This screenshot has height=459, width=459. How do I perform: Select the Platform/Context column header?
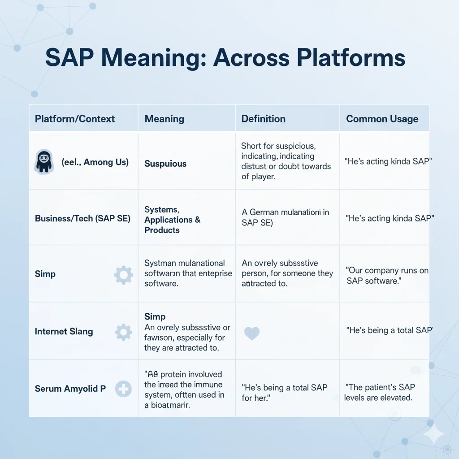[x=75, y=119]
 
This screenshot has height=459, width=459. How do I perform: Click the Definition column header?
[x=264, y=119]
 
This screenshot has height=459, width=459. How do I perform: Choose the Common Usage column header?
[x=382, y=119]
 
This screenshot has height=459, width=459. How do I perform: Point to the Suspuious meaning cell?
[x=165, y=164]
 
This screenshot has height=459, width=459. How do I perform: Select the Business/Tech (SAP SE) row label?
[x=82, y=219]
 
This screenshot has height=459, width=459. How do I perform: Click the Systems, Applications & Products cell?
[x=172, y=220]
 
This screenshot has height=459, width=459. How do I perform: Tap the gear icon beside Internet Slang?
[x=124, y=332]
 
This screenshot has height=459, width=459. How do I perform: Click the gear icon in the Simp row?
[x=124, y=274]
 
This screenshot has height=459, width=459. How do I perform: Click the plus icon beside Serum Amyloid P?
[x=123, y=389]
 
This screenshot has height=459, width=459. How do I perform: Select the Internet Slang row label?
[x=64, y=332]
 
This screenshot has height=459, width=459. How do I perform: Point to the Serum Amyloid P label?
[x=70, y=389]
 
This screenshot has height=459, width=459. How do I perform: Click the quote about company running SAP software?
[x=387, y=275]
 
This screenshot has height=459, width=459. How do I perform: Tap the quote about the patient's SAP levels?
[x=380, y=392]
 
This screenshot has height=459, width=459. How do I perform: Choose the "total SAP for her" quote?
[x=285, y=392]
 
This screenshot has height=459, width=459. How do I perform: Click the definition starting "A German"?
[x=285, y=217]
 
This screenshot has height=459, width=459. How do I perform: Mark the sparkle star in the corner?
[x=433, y=434]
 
